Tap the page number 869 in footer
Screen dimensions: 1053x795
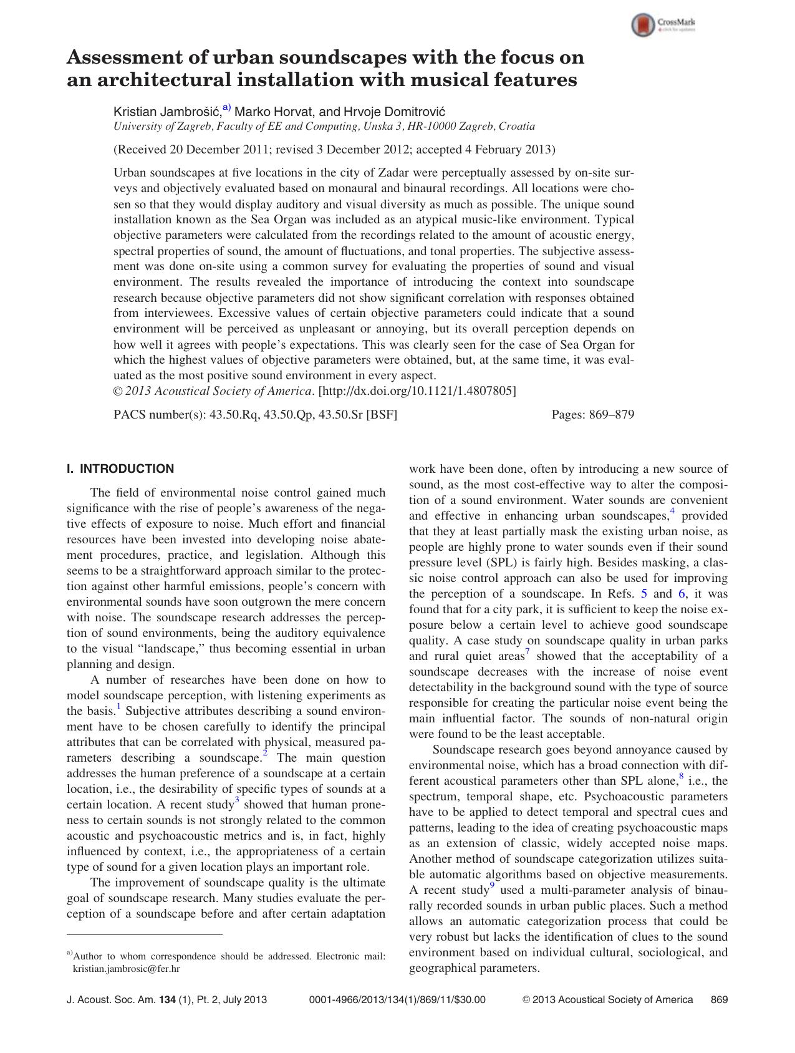pos(719,1000)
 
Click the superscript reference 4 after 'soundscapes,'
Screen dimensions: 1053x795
pos(672,512)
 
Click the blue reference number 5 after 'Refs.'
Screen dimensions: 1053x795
pos(645,594)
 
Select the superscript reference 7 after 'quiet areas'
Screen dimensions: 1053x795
pos(528,652)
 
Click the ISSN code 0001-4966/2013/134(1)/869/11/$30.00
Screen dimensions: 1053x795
pos(397,1000)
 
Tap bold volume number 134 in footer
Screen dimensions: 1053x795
pos(167,1000)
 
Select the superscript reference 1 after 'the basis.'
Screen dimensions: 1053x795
pos(118,707)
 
